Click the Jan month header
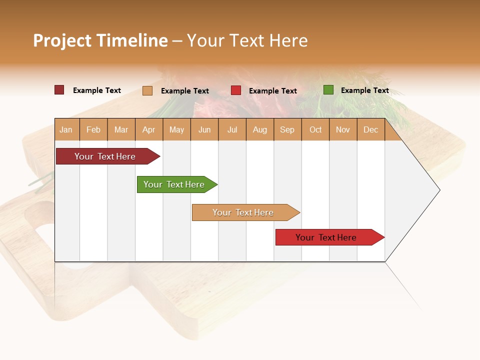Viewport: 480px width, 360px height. click(x=66, y=129)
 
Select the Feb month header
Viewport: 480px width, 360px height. click(x=93, y=129)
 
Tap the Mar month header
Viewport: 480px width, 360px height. click(x=121, y=129)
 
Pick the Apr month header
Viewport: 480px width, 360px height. click(x=149, y=129)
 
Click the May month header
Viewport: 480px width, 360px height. click(x=176, y=129)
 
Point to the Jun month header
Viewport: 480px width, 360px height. click(x=204, y=129)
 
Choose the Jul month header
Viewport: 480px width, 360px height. click(x=232, y=129)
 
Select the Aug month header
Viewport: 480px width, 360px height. click(x=260, y=129)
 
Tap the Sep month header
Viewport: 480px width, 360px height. click(x=287, y=129)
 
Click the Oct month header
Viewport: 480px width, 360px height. click(x=315, y=129)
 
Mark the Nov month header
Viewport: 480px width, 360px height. click(x=343, y=129)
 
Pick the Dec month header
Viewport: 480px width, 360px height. click(x=371, y=129)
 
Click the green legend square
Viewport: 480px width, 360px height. click(x=328, y=90)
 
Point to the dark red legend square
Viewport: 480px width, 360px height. click(x=59, y=90)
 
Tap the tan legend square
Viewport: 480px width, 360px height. click(x=147, y=90)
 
